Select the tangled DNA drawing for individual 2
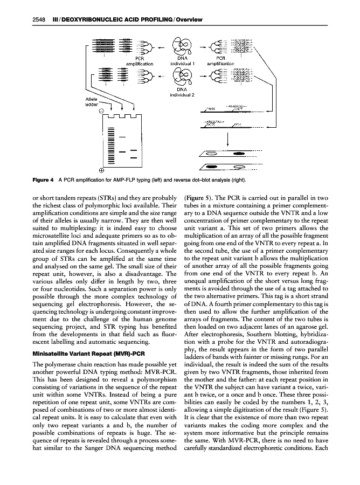[x=181, y=76]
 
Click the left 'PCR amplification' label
[x=139, y=60]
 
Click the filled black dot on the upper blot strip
[x=238, y=153]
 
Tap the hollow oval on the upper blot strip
[x=212, y=153]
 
